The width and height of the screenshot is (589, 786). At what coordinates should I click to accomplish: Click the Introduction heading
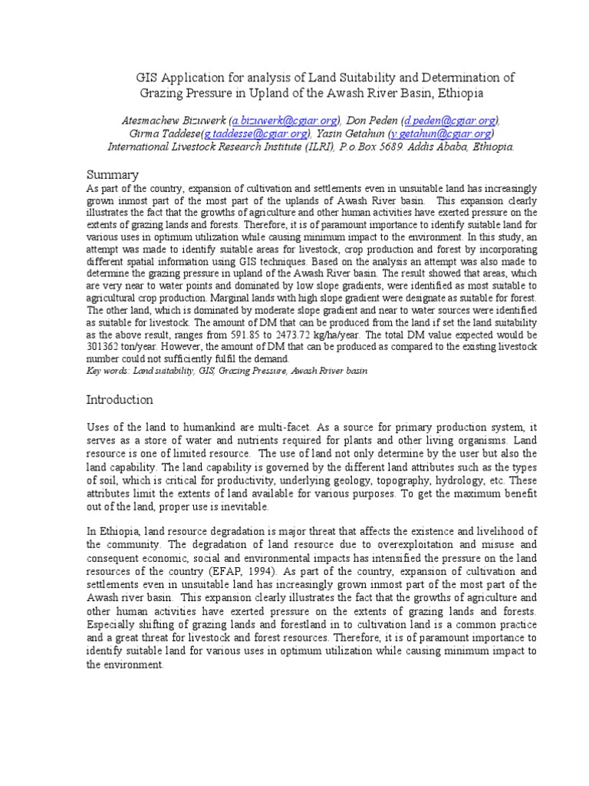click(120, 400)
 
